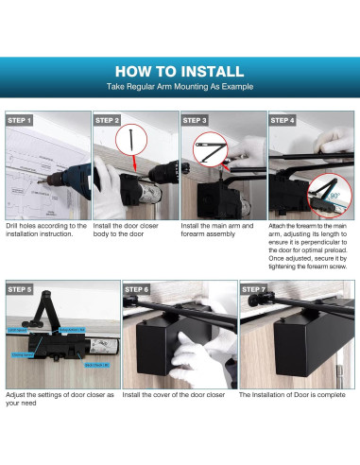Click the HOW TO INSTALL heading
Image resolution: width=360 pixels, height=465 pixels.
(x=180, y=71)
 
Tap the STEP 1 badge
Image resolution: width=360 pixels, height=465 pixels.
(x=20, y=121)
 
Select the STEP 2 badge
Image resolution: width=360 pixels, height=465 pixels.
(x=108, y=121)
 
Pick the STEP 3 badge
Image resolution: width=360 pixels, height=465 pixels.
(x=195, y=121)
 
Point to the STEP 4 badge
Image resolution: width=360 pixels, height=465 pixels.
(x=283, y=121)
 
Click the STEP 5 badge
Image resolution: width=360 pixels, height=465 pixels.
(x=20, y=289)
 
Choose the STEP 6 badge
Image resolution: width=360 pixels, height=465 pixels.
(x=137, y=289)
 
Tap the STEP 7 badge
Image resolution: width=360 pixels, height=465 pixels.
(x=253, y=289)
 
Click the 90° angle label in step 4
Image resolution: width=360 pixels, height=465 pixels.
(x=334, y=198)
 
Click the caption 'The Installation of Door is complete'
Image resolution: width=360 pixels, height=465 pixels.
(x=295, y=394)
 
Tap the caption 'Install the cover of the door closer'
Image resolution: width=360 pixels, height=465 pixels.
(x=175, y=394)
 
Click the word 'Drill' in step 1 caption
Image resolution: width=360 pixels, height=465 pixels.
(x=14, y=226)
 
